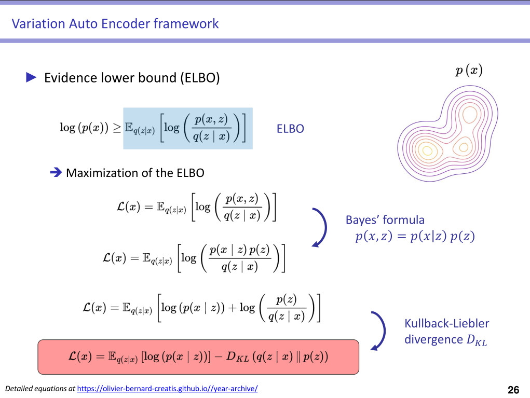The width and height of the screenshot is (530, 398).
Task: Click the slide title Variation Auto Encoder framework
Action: [115, 23]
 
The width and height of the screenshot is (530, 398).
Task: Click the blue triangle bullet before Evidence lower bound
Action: [31, 78]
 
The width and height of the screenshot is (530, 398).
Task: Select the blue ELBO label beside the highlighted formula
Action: [290, 129]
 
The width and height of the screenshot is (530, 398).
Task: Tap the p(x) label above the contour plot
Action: [469, 71]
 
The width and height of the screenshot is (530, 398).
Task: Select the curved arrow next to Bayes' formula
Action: [320, 227]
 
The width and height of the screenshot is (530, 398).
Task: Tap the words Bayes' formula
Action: [385, 220]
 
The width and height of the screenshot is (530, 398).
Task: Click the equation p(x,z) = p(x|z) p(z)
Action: [415, 237]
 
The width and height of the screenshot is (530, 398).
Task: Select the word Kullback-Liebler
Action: [446, 324]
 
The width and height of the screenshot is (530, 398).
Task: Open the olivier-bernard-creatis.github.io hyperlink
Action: [167, 389]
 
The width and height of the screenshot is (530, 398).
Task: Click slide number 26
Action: [513, 390]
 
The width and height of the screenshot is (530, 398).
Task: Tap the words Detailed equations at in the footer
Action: [40, 389]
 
